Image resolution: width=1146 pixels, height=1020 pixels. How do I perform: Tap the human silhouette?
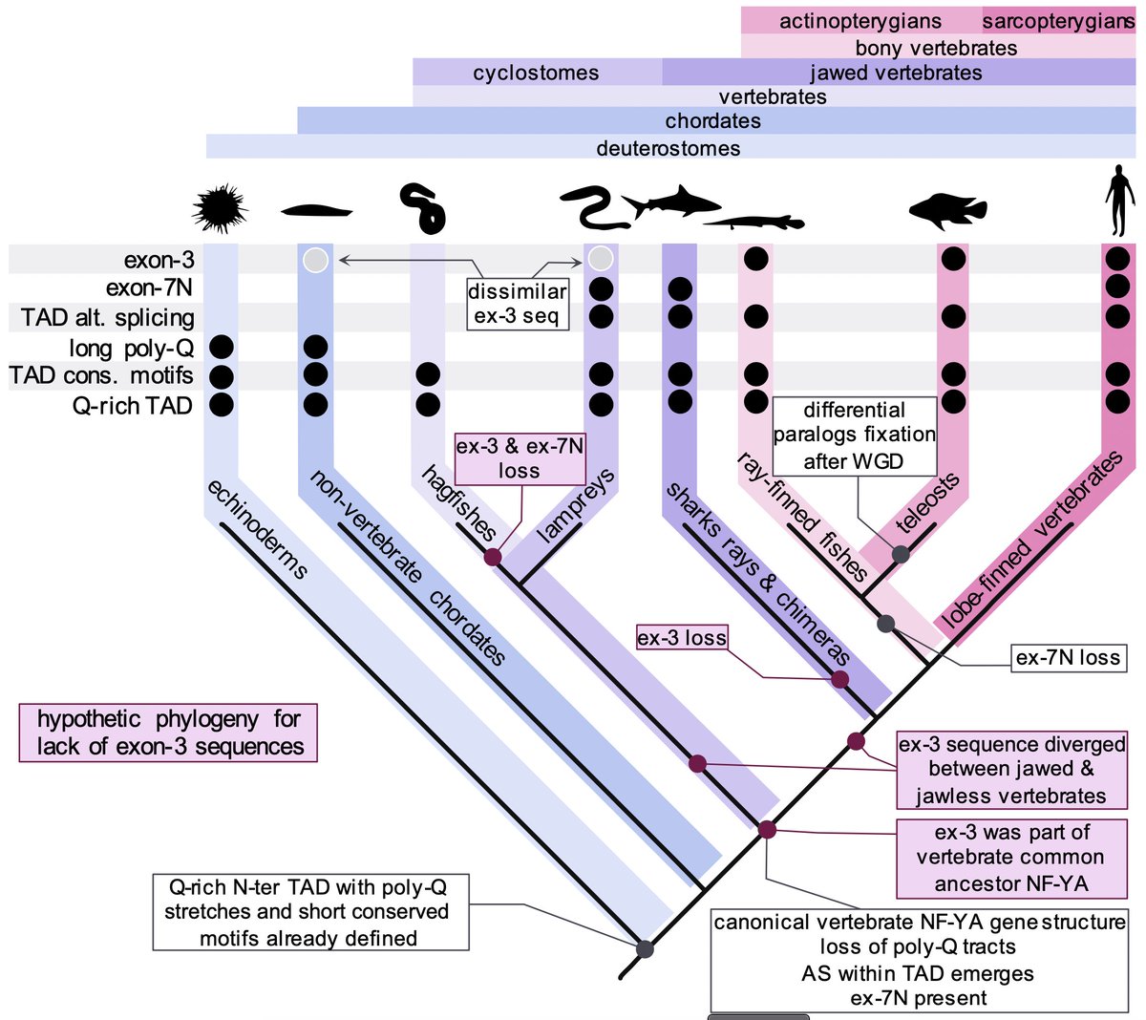tap(1118, 201)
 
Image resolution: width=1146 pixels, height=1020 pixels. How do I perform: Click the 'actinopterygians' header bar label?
tap(859, 21)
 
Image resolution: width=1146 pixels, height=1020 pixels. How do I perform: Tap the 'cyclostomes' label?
tap(536, 73)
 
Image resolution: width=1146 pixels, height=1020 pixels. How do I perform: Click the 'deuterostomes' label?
tap(668, 148)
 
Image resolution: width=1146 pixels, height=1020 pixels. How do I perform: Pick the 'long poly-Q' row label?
tap(131, 348)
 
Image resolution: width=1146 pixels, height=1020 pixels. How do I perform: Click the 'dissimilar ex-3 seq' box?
tap(517, 304)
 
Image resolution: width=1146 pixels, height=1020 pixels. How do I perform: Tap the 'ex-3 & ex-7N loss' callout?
tap(519, 458)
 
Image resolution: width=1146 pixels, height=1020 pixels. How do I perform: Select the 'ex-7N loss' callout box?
tap(1068, 657)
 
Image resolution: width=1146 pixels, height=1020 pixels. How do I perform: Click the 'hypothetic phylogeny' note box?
tap(168, 733)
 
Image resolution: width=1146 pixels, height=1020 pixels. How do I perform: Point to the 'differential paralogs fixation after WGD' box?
tap(854, 436)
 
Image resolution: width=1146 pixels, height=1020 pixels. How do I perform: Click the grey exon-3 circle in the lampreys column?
tap(600, 259)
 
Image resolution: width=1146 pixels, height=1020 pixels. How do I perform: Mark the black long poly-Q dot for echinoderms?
tap(221, 348)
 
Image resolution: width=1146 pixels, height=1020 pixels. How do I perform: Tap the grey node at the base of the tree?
tap(645, 949)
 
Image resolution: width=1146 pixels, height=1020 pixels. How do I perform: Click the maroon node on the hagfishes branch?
tap(493, 558)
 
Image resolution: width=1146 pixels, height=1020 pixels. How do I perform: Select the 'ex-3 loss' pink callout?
tap(682, 637)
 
